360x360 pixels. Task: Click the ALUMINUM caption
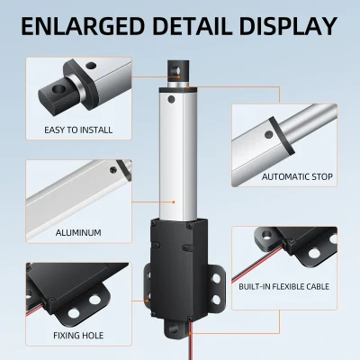click(77, 232)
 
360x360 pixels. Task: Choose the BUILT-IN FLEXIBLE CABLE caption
click(283, 286)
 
